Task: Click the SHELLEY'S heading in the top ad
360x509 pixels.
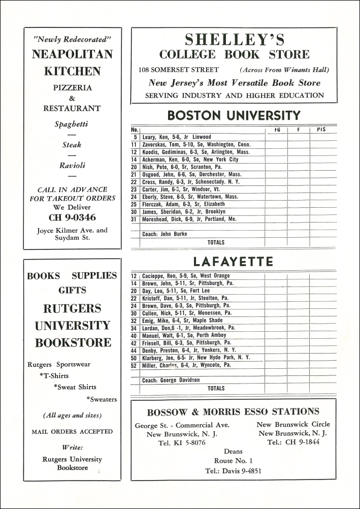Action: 234,40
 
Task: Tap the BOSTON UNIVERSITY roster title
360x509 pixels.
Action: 234,115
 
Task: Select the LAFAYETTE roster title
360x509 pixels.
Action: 233,262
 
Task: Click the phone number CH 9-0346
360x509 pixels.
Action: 72,218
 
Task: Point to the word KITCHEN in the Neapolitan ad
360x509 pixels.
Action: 72,71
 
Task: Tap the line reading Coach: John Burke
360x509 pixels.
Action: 165,234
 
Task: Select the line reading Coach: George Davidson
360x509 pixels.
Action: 171,380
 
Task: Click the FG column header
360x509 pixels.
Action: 277,130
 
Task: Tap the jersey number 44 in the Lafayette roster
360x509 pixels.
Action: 135,350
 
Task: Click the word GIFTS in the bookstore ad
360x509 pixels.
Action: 72,291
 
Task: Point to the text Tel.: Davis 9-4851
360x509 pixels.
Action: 234,470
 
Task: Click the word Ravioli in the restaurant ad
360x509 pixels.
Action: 72,165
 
